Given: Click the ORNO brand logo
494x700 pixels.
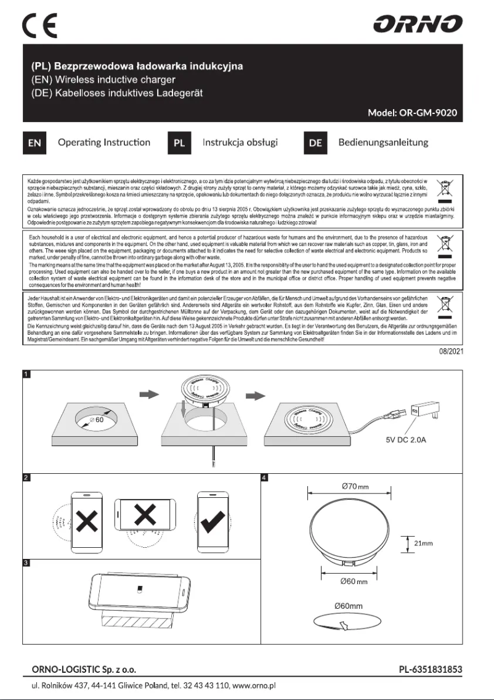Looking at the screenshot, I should coord(418,25).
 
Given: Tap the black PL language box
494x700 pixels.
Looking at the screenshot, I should coord(179,143).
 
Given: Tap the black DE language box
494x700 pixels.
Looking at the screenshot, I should coord(315,143).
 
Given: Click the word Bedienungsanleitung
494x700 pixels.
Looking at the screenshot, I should coord(383,142).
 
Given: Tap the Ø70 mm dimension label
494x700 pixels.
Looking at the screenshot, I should coord(354,487).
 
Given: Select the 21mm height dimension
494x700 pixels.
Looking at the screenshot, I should coord(423,543).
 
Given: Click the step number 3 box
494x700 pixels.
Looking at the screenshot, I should coord(25,562).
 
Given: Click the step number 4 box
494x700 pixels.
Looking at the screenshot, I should coord(265,477).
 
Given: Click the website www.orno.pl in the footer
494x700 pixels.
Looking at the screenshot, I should coord(253,685).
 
